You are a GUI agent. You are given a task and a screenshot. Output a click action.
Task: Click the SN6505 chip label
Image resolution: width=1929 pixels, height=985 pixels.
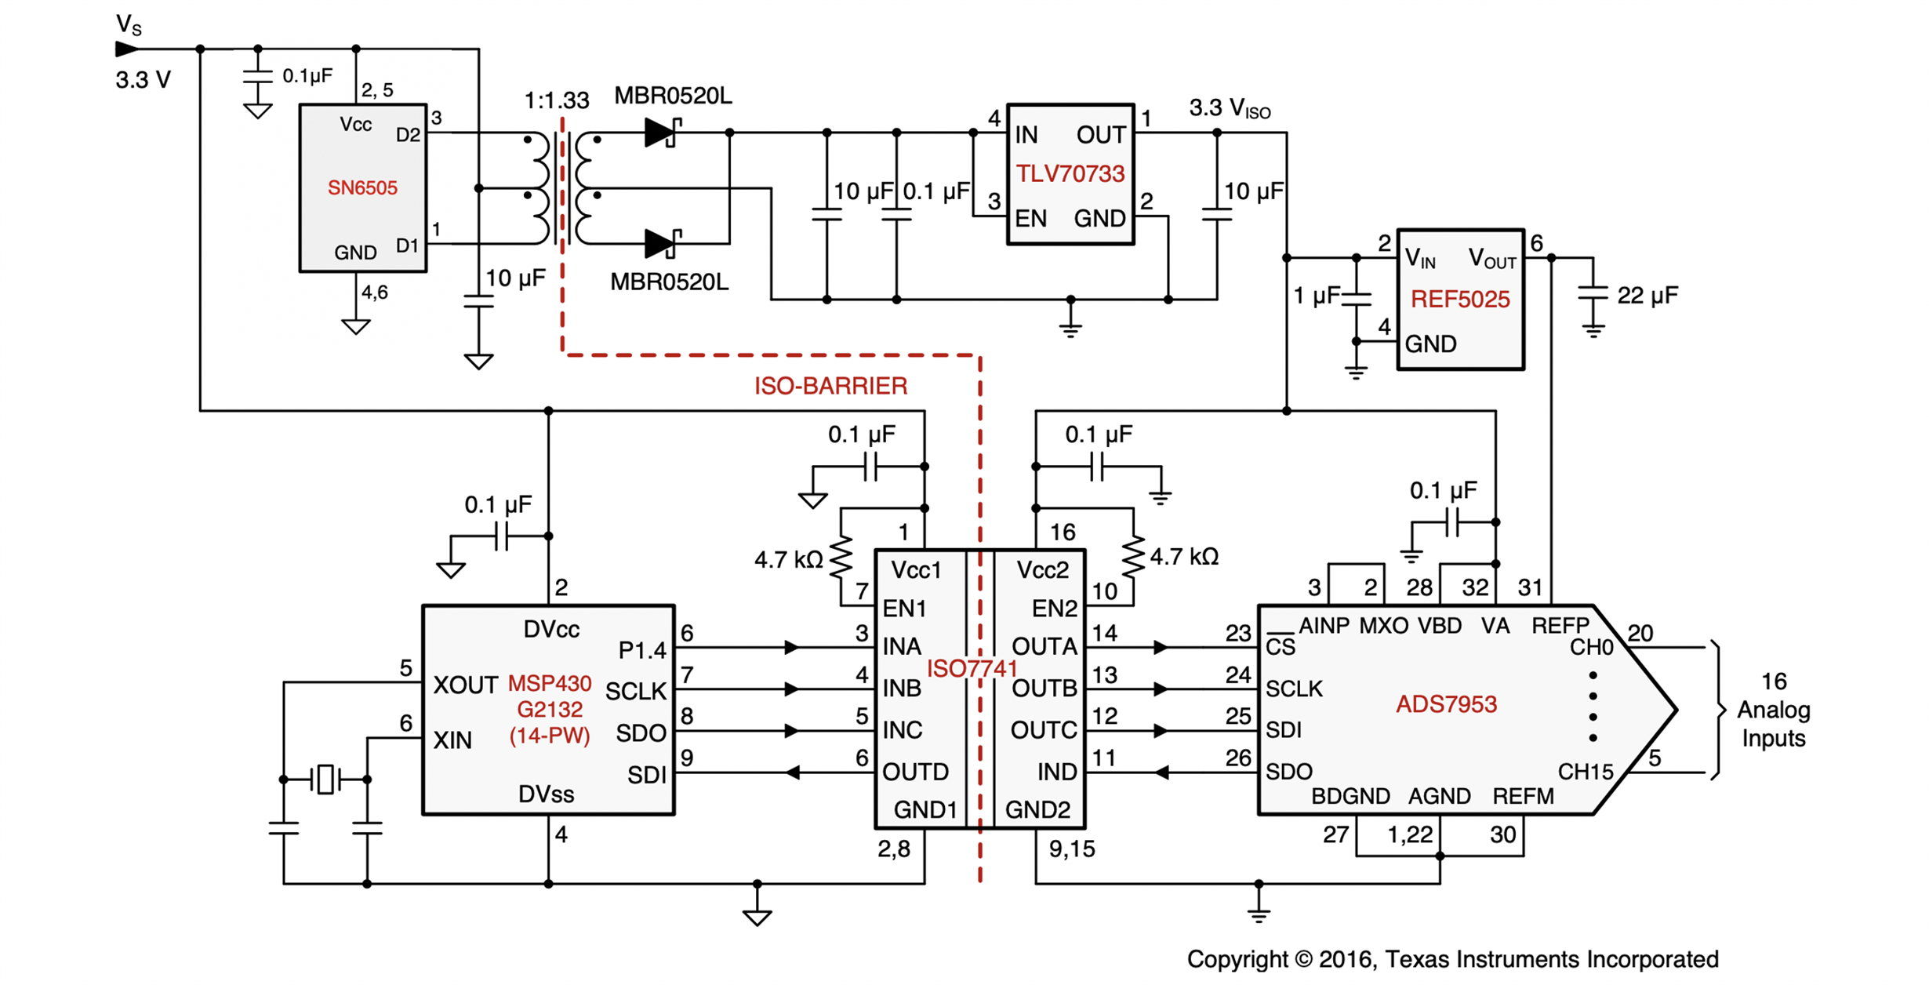(x=362, y=188)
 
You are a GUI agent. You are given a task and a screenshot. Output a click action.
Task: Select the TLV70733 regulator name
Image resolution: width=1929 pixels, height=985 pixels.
(x=1070, y=174)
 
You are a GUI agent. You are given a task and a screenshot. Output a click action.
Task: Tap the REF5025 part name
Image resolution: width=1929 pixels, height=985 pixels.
(x=1460, y=300)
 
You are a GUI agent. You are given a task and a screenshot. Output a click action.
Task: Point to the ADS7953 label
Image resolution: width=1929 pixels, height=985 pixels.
(x=1447, y=704)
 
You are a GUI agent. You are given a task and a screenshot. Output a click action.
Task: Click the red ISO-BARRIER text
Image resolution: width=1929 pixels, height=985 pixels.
(x=831, y=386)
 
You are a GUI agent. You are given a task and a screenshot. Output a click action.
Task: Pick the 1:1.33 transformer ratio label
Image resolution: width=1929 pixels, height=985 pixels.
(x=557, y=100)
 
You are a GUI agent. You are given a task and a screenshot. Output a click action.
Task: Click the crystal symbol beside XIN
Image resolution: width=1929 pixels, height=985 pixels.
(x=325, y=779)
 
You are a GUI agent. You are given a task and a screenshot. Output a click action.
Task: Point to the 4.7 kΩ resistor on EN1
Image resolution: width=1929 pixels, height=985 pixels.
(x=841, y=558)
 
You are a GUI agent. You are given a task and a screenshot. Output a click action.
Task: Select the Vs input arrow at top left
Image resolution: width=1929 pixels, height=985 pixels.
(x=127, y=49)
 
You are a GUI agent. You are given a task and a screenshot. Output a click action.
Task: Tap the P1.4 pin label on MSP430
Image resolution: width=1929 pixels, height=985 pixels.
(x=642, y=650)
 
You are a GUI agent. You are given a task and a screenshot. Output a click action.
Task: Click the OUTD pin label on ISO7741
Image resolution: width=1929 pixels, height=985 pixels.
(x=915, y=772)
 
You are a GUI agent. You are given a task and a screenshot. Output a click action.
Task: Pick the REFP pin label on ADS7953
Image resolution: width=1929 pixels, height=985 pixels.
(x=1560, y=626)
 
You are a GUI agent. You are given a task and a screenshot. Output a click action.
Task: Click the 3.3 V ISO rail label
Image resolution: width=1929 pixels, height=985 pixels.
(x=1230, y=108)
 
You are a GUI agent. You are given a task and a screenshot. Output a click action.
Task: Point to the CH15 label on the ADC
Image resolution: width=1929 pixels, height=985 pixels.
(x=1586, y=772)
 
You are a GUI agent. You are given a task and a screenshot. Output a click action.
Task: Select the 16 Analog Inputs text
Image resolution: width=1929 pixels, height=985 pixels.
(x=1774, y=710)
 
